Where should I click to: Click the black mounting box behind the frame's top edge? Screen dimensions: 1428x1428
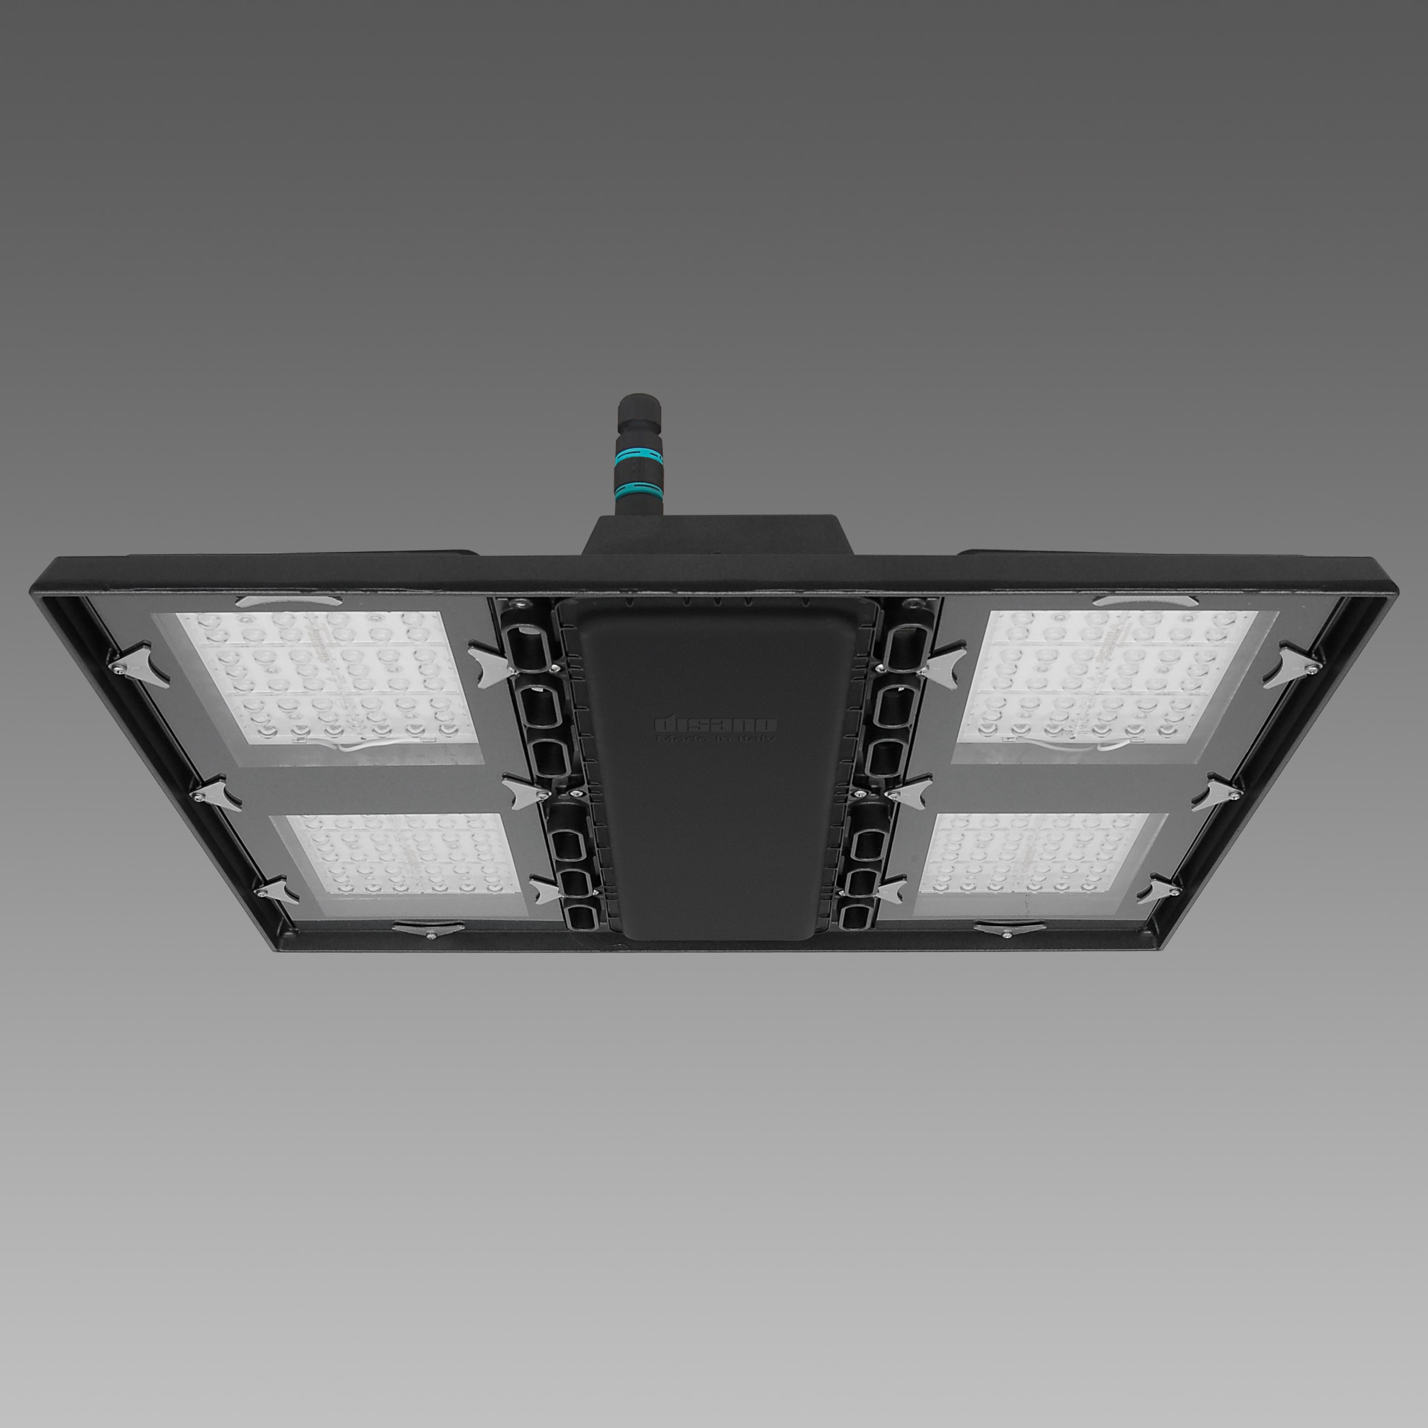tap(715, 534)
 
